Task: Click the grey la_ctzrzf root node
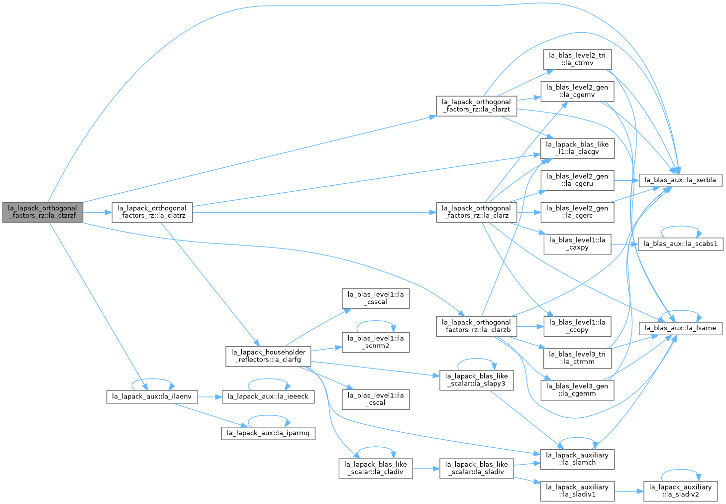pyautogui.click(x=42, y=213)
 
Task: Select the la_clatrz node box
pyautogui.click(x=152, y=213)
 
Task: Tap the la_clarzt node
pyautogui.click(x=476, y=106)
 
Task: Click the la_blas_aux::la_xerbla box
pyautogui.click(x=680, y=180)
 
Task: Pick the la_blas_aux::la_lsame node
pyautogui.click(x=680, y=328)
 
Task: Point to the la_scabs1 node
pyautogui.click(x=680, y=244)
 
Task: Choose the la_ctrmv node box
pyautogui.click(x=577, y=59)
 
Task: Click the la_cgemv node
pyautogui.click(x=577, y=92)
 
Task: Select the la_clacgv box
pyautogui.click(x=577, y=148)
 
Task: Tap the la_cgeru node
pyautogui.click(x=577, y=180)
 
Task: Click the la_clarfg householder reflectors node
pyautogui.click(x=268, y=357)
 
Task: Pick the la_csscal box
pyautogui.click(x=376, y=299)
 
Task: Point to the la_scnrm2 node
pyautogui.click(x=376, y=343)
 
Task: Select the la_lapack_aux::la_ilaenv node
pyautogui.click(x=152, y=397)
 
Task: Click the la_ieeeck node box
pyautogui.click(x=268, y=397)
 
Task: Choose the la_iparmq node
pyautogui.click(x=268, y=433)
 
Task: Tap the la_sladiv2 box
pyautogui.click(x=680, y=491)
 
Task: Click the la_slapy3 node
pyautogui.click(x=476, y=380)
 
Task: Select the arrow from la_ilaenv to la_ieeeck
pyautogui.click(x=209, y=397)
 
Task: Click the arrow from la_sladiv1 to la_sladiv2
pyautogui.click(x=629, y=492)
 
